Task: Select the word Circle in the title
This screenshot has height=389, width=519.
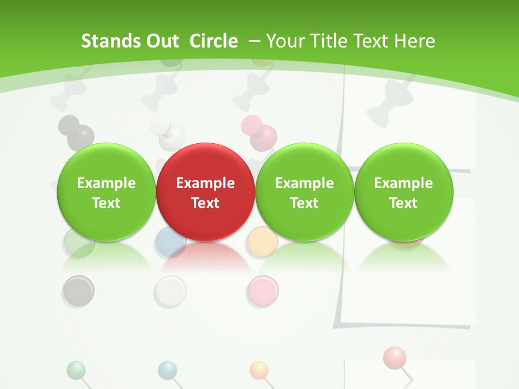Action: (214, 41)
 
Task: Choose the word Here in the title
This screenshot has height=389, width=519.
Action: (414, 41)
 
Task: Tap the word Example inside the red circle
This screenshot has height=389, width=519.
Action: (205, 183)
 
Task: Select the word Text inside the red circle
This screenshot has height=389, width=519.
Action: (205, 203)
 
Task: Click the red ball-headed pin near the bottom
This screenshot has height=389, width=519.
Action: (394, 357)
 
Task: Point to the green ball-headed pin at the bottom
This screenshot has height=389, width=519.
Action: (76, 370)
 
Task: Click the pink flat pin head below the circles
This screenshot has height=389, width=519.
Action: (263, 291)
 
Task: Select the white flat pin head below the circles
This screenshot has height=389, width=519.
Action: (170, 292)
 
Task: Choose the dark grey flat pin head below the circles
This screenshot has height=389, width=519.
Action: (78, 291)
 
